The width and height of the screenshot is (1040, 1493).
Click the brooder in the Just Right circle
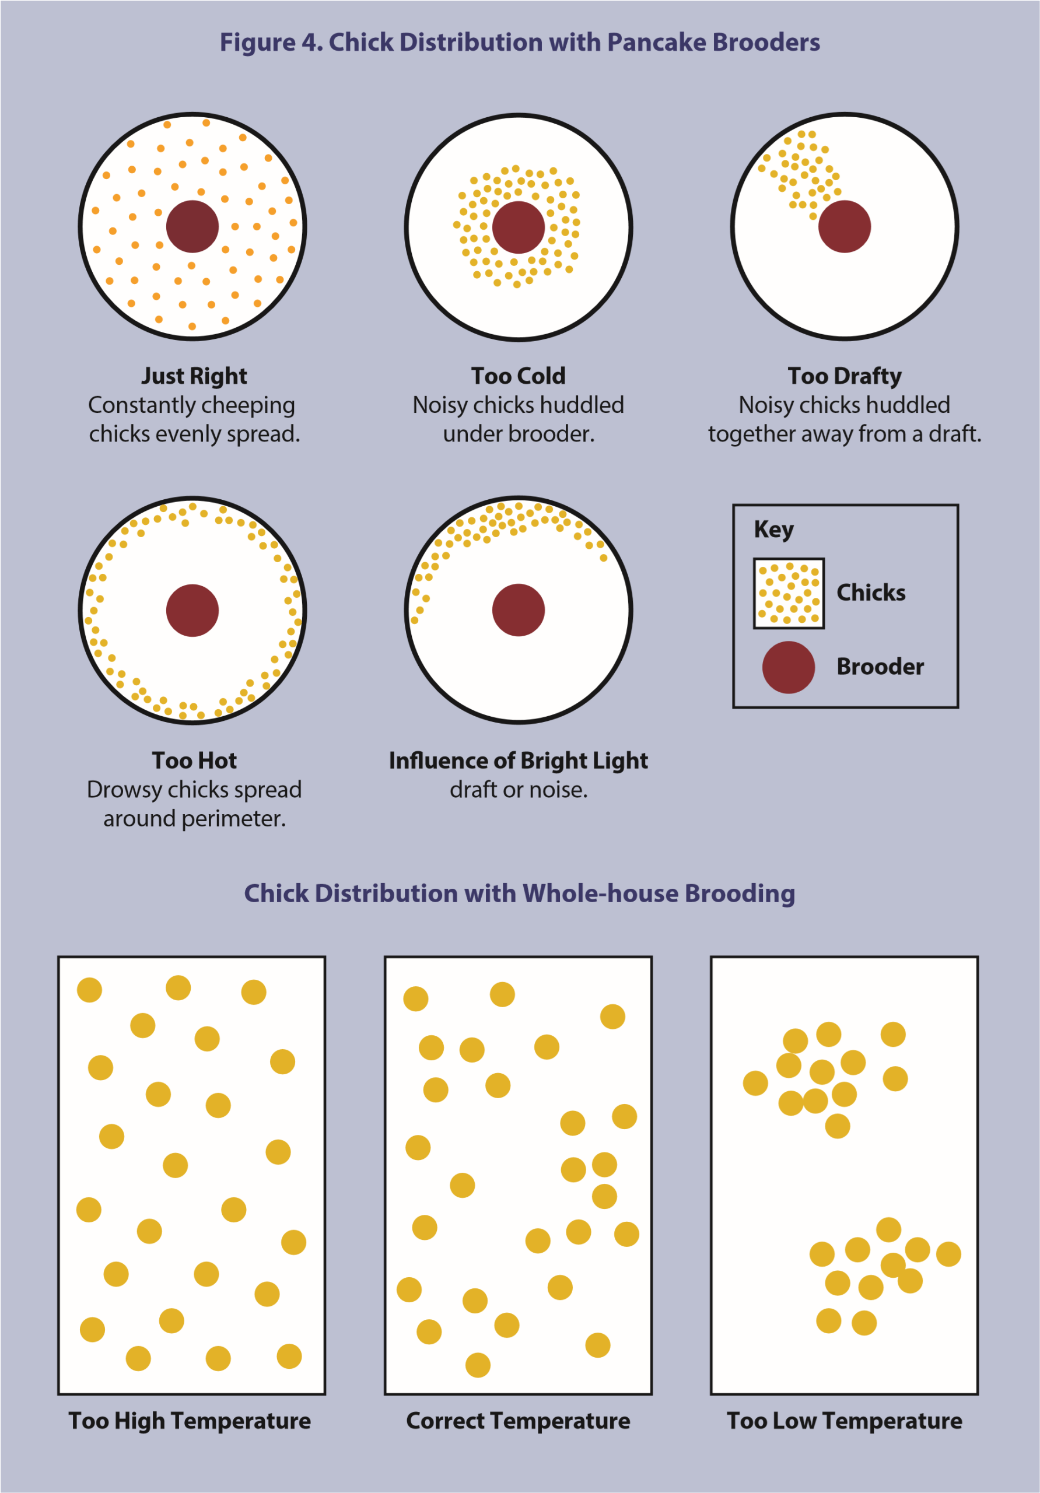(192, 226)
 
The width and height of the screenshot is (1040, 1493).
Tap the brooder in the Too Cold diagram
(519, 227)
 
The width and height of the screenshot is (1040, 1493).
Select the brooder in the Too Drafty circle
(844, 226)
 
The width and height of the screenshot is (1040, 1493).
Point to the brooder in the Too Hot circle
(192, 610)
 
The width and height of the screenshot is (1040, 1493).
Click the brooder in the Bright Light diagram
(519, 610)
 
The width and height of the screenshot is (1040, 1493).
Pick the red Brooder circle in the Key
(788, 667)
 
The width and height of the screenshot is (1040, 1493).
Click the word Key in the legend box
(773, 530)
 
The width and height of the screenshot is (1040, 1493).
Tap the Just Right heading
(194, 376)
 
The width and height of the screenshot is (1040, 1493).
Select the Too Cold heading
(519, 376)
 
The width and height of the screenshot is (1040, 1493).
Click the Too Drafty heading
(844, 376)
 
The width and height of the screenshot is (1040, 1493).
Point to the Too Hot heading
(194, 760)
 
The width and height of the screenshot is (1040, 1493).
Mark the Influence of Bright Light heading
(519, 760)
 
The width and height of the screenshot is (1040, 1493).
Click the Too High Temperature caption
(190, 1421)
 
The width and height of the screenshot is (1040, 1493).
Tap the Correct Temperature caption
(519, 1421)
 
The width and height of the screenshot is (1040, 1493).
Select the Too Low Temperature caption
(844, 1421)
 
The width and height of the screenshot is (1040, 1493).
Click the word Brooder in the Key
(880, 667)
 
